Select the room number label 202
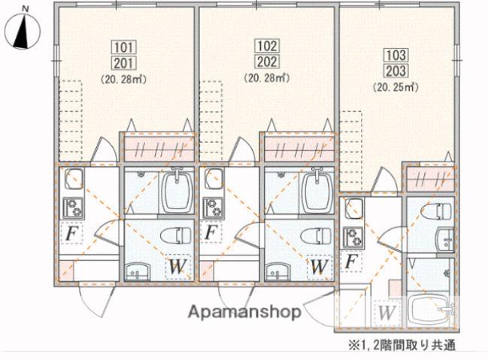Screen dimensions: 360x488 click(266, 62)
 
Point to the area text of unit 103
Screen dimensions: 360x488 click(396, 86)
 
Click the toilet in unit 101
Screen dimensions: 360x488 click(174, 234)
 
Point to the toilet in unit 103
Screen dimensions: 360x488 click(435, 211)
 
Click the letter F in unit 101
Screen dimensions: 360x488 click(71, 234)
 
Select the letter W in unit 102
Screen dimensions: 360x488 click(319, 266)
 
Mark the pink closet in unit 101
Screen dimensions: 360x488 click(158, 147)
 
